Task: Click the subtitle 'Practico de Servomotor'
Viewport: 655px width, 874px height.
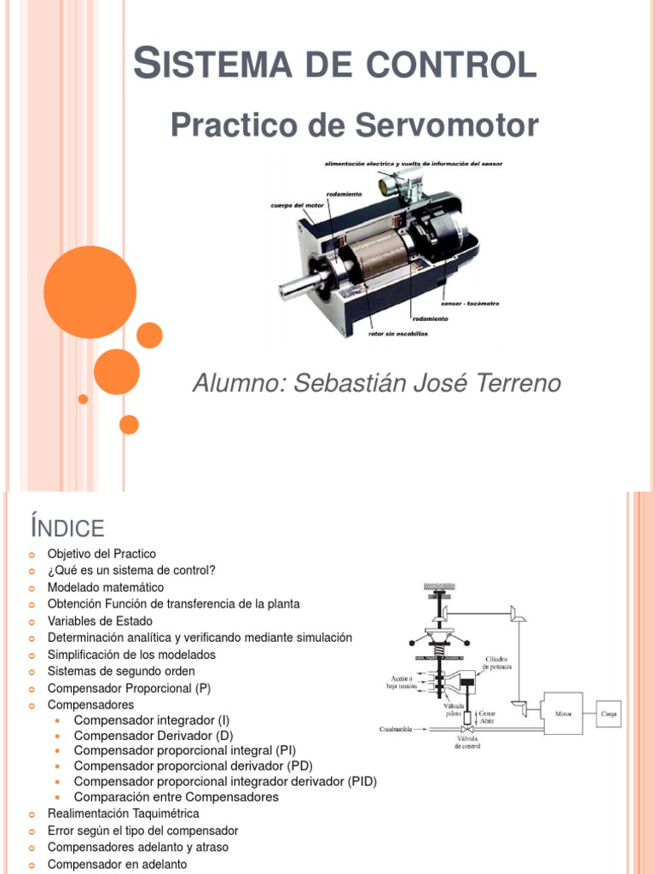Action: [354, 125]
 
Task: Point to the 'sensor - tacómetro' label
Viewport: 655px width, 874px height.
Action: [470, 303]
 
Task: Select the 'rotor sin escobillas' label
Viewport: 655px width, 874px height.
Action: [397, 334]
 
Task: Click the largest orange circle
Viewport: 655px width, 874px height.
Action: [90, 292]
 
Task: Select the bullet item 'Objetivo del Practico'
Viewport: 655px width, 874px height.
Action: [101, 554]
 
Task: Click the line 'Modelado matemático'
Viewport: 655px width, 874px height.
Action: [106, 587]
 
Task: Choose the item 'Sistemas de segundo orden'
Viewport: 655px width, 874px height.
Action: [121, 671]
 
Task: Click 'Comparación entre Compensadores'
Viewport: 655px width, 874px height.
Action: [176, 797]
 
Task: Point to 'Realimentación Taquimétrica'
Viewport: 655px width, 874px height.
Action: [123, 813]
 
